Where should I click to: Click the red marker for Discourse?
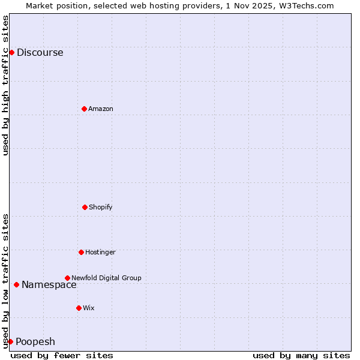tap(11, 52)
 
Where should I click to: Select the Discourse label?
tap(40, 53)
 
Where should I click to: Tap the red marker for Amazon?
tap(84, 109)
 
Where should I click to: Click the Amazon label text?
tap(100, 109)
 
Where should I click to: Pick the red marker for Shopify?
tap(85, 207)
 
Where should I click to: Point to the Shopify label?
tap(100, 208)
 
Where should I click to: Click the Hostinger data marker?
tap(81, 252)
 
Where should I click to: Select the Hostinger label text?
tap(100, 253)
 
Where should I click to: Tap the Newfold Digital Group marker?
tap(67, 278)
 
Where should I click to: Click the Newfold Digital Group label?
tap(106, 278)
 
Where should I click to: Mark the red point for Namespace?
tap(16, 284)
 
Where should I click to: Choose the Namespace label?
tap(49, 285)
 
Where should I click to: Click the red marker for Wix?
tap(79, 308)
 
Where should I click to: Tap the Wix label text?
tap(89, 308)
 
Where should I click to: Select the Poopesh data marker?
tap(10, 341)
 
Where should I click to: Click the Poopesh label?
tap(35, 342)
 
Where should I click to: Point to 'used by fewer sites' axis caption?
tap(62, 355)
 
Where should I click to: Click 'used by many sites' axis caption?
tap(301, 355)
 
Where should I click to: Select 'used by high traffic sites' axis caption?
tap(5, 85)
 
